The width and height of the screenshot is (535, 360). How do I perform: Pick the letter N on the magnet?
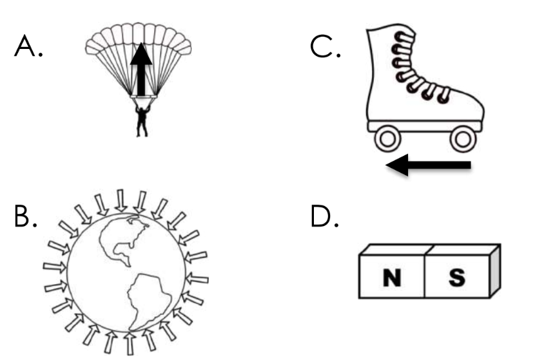(x=389, y=278)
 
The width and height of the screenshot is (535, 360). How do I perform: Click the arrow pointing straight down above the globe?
(x=121, y=200)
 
